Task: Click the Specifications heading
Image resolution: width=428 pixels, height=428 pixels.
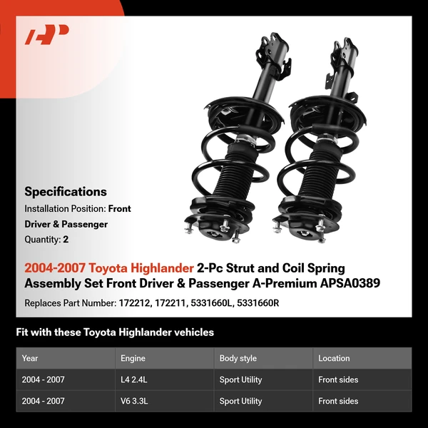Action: (66, 191)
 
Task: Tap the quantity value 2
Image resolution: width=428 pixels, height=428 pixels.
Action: (66, 240)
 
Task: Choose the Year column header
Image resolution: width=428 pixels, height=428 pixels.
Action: (30, 358)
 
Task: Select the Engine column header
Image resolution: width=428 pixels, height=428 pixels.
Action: (133, 358)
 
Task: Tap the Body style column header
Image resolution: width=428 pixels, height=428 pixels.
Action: (239, 358)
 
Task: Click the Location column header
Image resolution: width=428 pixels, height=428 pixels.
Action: (334, 358)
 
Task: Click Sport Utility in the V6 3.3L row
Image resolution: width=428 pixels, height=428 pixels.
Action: (240, 401)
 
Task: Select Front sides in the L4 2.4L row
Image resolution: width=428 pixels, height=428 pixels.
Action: (338, 379)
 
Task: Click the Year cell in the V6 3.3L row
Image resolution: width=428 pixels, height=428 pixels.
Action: (44, 401)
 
